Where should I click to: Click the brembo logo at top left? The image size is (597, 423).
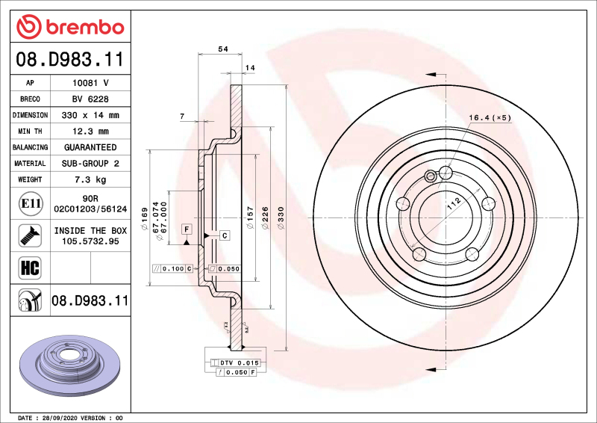[x=69, y=28]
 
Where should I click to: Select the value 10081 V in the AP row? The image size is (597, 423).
[x=90, y=83]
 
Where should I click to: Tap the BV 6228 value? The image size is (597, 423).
[x=90, y=99]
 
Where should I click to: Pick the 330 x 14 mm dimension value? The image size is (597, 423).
[x=90, y=116]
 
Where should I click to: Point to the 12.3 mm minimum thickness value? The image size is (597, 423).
[x=90, y=132]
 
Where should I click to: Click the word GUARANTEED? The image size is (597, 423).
[x=90, y=148]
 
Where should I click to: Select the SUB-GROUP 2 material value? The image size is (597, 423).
[x=90, y=164]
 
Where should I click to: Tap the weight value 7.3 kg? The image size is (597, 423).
[x=90, y=180]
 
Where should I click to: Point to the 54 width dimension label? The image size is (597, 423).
[x=222, y=49]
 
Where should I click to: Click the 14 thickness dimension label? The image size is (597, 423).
[x=250, y=68]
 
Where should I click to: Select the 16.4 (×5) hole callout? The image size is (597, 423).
[x=490, y=118]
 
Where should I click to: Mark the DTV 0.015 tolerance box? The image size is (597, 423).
[x=239, y=362]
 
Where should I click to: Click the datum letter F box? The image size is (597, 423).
[x=186, y=228]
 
